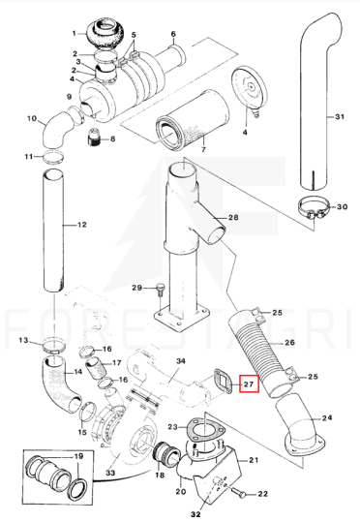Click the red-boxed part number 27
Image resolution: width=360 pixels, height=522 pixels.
(x=249, y=384)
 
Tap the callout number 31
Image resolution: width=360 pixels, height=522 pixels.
(x=340, y=117)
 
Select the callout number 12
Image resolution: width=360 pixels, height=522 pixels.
(x=82, y=225)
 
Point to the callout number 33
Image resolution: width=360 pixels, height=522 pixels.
(x=110, y=473)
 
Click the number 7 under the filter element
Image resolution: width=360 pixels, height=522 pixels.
(x=203, y=149)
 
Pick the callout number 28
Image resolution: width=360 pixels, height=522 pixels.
(x=233, y=217)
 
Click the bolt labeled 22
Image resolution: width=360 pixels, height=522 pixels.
(x=239, y=492)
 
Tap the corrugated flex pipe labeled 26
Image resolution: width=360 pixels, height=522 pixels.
(x=258, y=353)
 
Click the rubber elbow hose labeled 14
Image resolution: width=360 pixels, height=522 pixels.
(x=60, y=383)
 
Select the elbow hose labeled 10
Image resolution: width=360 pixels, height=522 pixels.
(x=57, y=130)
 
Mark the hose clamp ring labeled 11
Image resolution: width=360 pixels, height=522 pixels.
(x=53, y=158)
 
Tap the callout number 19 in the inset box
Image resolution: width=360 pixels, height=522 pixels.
(x=78, y=456)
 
